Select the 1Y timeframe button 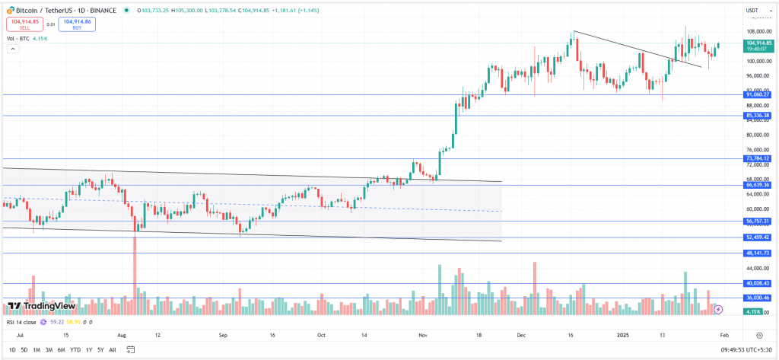[x=89, y=349]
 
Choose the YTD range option [x=75, y=349]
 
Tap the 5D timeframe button [x=24, y=349]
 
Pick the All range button [x=113, y=349]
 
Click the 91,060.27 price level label [x=758, y=94]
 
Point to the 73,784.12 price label [x=758, y=158]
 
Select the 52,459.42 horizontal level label [x=758, y=237]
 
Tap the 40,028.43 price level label [x=758, y=284]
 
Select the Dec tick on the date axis [x=521, y=335]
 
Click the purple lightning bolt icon [x=718, y=309]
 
